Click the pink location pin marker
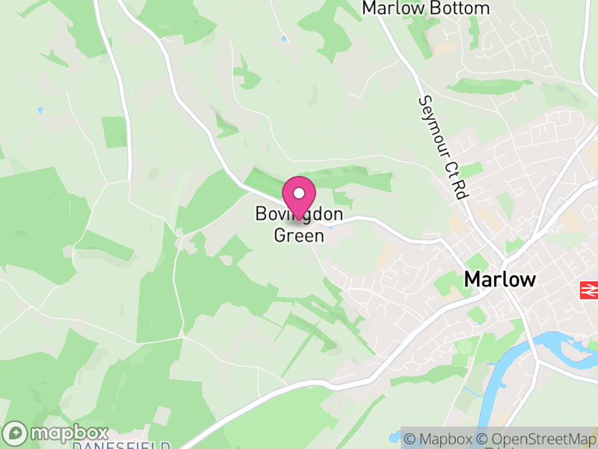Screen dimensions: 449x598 [x=299, y=197]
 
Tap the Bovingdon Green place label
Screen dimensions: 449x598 [x=299, y=224]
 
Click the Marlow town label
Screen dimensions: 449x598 [x=500, y=280]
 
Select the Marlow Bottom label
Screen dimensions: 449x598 [x=425, y=8]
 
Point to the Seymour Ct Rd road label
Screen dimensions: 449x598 [x=443, y=147]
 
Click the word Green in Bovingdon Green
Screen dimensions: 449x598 [x=299, y=236]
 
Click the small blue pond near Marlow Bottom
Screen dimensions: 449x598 [x=284, y=39]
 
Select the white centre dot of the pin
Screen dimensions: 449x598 [x=299, y=193]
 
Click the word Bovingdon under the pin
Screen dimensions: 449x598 [x=299, y=214]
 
